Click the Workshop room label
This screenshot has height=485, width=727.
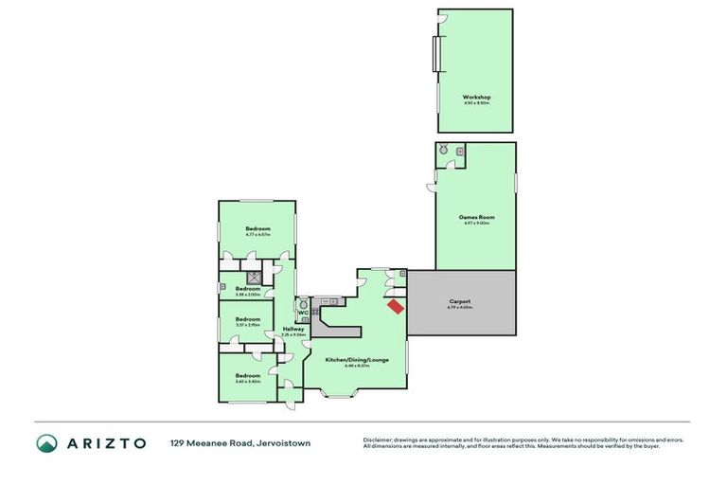pyautogui.click(x=476, y=97)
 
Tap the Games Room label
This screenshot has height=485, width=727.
pyautogui.click(x=476, y=217)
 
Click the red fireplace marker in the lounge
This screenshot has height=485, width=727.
pyautogui.click(x=395, y=306)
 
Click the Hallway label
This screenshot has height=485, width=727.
pyautogui.click(x=293, y=329)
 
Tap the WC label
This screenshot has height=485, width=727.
pyautogui.click(x=302, y=313)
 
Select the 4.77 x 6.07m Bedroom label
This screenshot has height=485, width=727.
pyautogui.click(x=258, y=229)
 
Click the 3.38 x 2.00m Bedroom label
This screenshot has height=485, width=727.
pyautogui.click(x=248, y=289)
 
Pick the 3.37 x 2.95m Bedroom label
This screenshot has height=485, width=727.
pyautogui.click(x=248, y=319)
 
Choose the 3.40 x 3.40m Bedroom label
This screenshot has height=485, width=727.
pyautogui.click(x=248, y=376)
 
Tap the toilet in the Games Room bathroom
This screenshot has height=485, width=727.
pyautogui.click(x=443, y=150)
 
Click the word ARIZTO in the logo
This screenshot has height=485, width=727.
pyautogui.click(x=106, y=442)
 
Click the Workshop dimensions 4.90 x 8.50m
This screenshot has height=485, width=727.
pyautogui.click(x=476, y=103)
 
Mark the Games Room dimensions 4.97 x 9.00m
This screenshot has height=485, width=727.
pyautogui.click(x=476, y=224)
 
